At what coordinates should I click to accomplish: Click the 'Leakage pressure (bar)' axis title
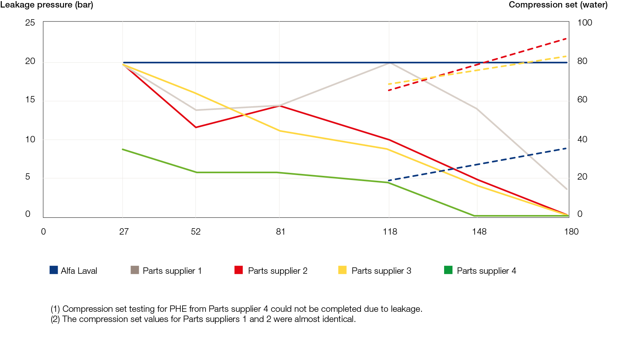click(47, 5)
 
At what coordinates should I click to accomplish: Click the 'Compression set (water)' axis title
click(558, 5)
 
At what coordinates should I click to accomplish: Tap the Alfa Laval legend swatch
click(54, 270)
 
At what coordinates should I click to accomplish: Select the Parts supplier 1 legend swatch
click(135, 270)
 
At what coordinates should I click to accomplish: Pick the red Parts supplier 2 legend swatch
click(239, 270)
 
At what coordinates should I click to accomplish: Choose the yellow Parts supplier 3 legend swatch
click(342, 270)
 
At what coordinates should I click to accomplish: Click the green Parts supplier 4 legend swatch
click(448, 270)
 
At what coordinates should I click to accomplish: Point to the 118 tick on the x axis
click(390, 232)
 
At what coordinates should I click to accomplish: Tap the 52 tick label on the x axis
click(196, 232)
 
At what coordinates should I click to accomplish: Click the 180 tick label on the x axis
click(571, 232)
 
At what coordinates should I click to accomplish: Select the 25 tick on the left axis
click(30, 23)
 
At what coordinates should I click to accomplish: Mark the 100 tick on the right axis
click(585, 23)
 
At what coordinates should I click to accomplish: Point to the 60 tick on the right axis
click(582, 99)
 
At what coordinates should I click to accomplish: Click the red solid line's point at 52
click(196, 127)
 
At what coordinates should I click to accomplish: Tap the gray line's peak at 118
click(389, 63)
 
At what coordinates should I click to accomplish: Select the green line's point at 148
click(476, 216)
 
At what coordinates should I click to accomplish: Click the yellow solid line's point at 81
click(279, 131)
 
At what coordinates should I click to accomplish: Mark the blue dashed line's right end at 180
click(567, 148)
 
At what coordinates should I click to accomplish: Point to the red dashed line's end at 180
click(567, 38)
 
